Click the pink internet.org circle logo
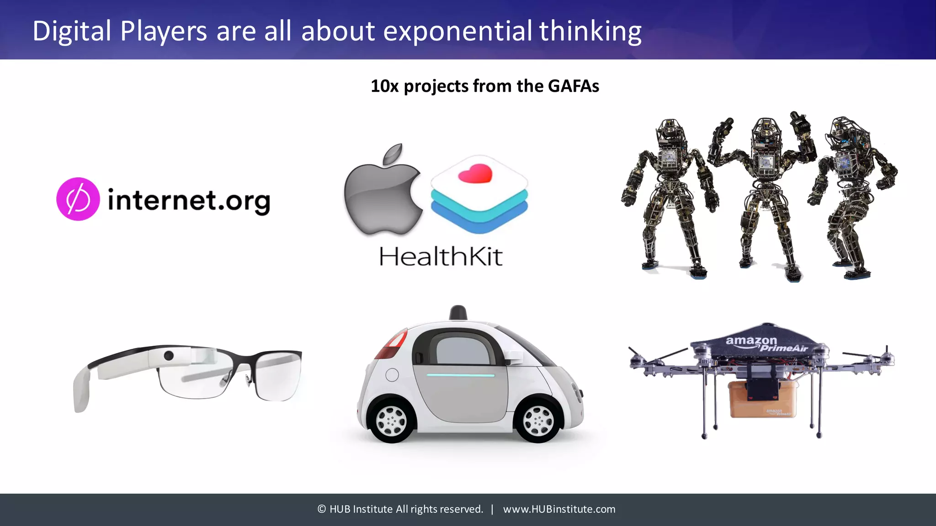pos(78,199)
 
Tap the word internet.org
pos(189,201)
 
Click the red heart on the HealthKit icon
pos(475,174)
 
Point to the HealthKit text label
pos(441,256)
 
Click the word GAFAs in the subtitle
pos(573,86)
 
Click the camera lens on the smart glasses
pos(169,355)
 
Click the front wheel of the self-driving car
pos(538,421)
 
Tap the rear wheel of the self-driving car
pos(392,421)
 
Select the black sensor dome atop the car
pos(458,313)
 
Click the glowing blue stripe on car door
pos(460,375)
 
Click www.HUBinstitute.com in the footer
pos(559,509)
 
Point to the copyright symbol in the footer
pos(322,509)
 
